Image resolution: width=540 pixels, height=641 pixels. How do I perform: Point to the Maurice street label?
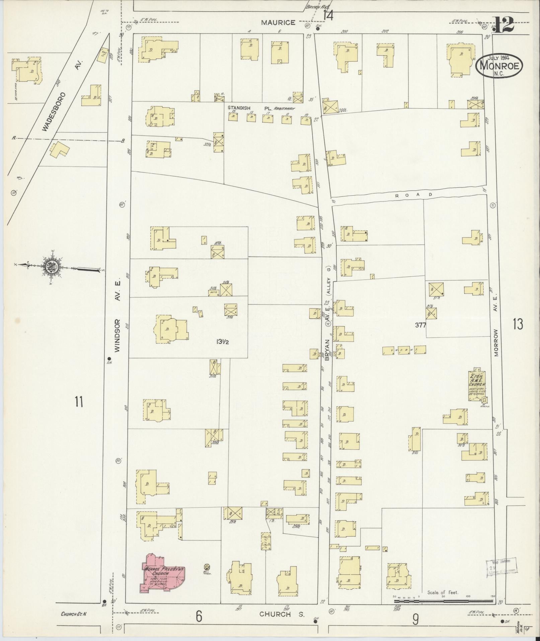click(278, 23)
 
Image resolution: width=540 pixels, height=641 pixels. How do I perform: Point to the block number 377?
click(420, 324)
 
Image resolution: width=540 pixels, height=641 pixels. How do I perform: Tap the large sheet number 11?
click(79, 401)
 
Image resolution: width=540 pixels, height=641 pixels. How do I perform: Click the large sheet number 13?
click(517, 324)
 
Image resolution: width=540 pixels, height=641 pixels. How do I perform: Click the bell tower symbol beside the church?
click(207, 567)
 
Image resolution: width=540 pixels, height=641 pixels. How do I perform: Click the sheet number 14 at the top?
click(328, 15)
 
